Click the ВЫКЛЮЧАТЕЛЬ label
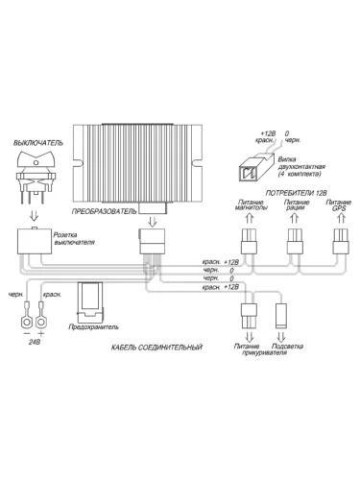click(38, 143)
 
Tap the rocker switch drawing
click(36, 177)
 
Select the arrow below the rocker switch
click(34, 216)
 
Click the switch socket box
click(35, 241)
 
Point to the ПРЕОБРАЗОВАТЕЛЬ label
click(104, 211)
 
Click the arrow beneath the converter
click(153, 222)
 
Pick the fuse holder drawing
click(91, 302)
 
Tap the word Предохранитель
click(93, 327)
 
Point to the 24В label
click(35, 342)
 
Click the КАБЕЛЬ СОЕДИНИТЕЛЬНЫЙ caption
click(156, 348)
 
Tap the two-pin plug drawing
click(256, 167)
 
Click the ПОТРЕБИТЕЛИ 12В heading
click(296, 193)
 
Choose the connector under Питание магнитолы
click(249, 241)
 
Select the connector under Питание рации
click(295, 241)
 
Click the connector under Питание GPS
click(341, 241)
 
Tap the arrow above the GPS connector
click(341, 218)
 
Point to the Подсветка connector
click(281, 315)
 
